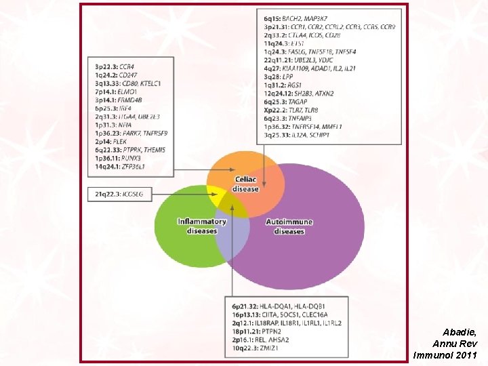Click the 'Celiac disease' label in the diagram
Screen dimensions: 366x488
click(245, 184)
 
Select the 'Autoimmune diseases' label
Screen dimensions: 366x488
click(289, 226)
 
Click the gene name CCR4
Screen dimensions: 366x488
click(127, 67)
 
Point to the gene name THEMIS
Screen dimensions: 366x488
click(153, 150)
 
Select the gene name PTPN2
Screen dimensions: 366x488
click(271, 331)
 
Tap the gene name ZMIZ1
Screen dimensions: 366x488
click(270, 348)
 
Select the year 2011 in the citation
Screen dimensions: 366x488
click(466, 354)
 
